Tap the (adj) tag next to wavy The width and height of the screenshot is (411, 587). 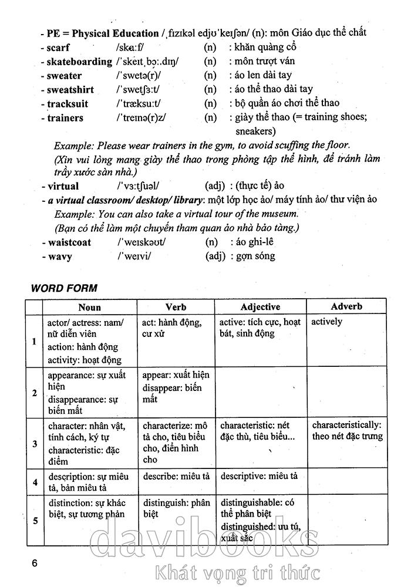[x=215, y=256]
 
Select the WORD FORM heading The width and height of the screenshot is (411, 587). [x=64, y=288]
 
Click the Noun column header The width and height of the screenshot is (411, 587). [x=89, y=306]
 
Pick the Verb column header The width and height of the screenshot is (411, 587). [x=176, y=306]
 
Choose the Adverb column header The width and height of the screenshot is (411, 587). [x=346, y=306]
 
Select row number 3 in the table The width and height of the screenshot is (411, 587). [x=35, y=444]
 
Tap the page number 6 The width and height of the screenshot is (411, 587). [x=35, y=563]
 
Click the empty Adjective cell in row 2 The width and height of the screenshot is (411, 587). [x=260, y=392]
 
